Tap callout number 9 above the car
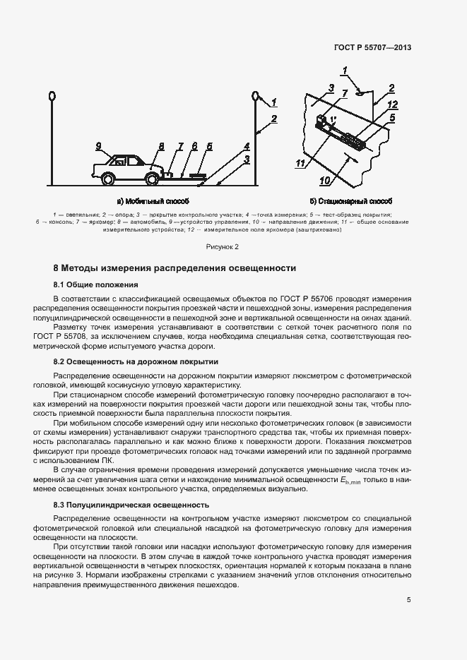(99, 146)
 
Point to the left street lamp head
(52, 95)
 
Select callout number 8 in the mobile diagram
(161, 147)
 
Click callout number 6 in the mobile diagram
(194, 147)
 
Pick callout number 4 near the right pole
(247, 146)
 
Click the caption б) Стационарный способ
(350, 201)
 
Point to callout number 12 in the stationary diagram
(392, 105)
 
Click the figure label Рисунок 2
(223, 247)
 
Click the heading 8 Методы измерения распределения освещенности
(175, 268)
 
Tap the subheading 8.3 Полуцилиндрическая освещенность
(131, 505)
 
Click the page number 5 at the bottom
(409, 600)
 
